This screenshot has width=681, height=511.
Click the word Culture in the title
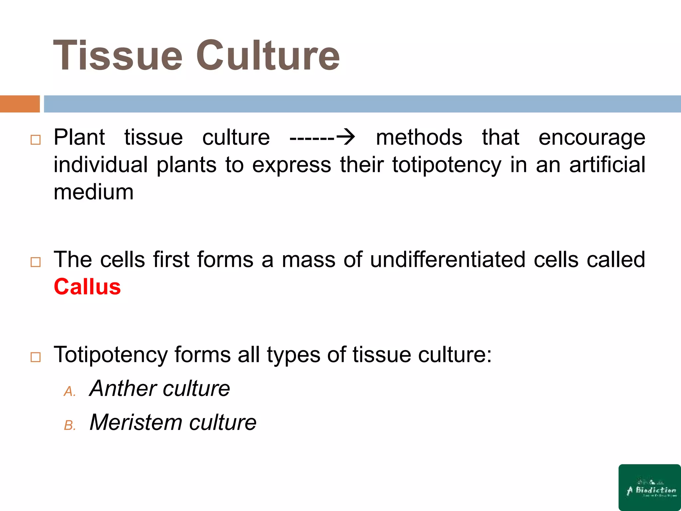(x=268, y=56)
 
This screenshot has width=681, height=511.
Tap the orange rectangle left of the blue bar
(x=20, y=104)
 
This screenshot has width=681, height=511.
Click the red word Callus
(x=87, y=287)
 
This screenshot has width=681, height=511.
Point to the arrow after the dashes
(x=345, y=137)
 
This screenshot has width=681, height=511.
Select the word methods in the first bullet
(x=419, y=137)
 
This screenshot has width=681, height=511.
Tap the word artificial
(x=607, y=165)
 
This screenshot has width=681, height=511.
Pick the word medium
(x=94, y=192)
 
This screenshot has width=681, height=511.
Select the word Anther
(x=123, y=388)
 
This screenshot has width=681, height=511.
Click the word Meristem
(x=135, y=423)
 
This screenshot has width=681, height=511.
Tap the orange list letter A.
(x=69, y=392)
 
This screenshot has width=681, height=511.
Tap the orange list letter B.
(x=69, y=426)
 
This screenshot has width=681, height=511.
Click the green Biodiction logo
(x=649, y=487)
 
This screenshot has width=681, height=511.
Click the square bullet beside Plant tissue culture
(x=35, y=140)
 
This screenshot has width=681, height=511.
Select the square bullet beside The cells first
(x=35, y=262)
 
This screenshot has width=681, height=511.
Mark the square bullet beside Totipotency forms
(x=35, y=357)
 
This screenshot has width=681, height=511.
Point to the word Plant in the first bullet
(x=79, y=137)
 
